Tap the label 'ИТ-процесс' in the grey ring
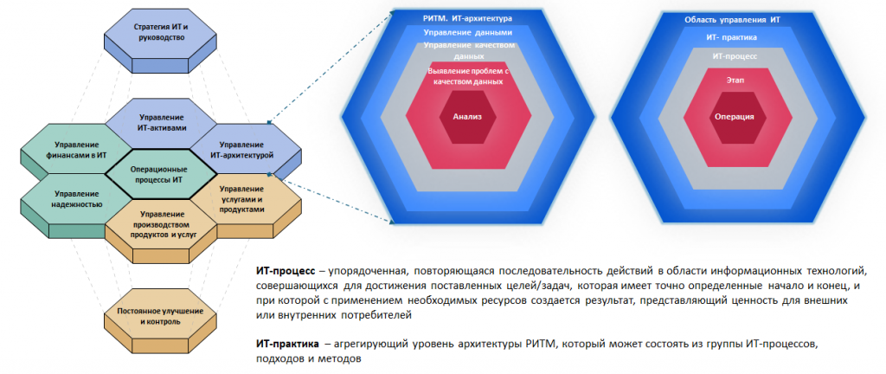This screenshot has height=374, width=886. [x=734, y=55]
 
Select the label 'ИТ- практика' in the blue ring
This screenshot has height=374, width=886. [x=733, y=37]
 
